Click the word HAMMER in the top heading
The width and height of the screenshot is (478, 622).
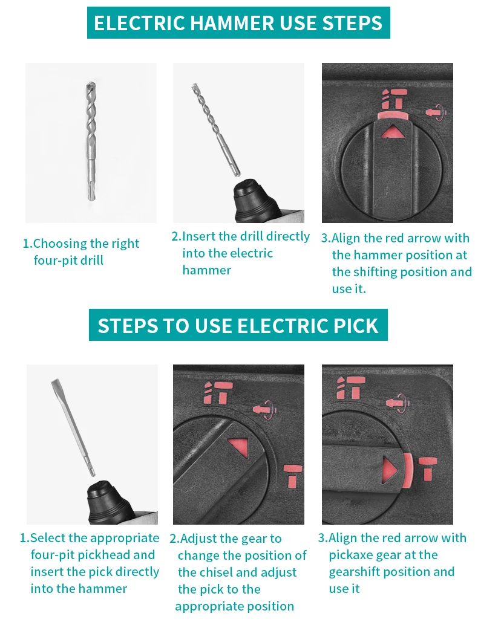(233, 22)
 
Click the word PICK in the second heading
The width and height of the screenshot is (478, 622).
(356, 326)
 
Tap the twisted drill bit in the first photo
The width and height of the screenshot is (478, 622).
(91, 141)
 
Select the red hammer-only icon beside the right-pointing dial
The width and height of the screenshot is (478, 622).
(428, 468)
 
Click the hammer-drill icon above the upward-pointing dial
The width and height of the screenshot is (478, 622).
(395, 99)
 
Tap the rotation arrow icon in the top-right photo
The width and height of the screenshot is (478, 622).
(436, 112)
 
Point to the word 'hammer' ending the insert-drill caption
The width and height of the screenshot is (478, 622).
(206, 271)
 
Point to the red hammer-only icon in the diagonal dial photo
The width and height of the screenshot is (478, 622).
(293, 476)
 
